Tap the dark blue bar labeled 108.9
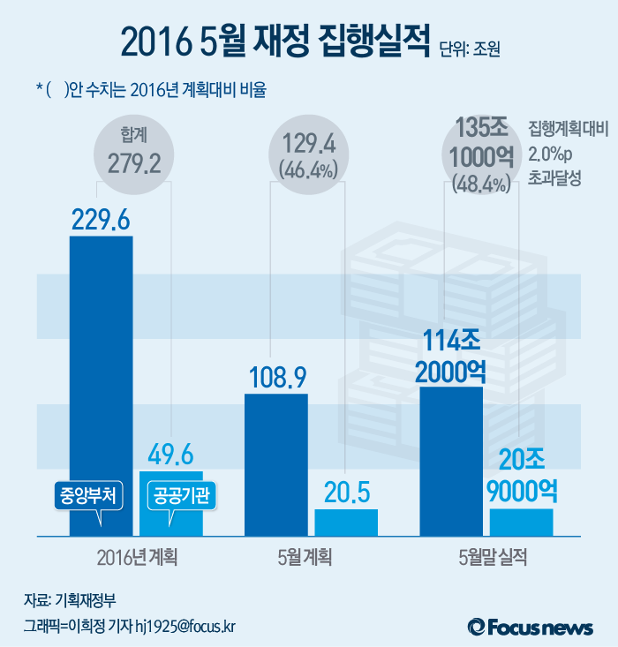coord(275,463)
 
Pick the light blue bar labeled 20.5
coord(346,522)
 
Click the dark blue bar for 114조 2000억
coord(451,459)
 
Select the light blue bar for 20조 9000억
coord(522,522)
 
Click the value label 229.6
coord(101,221)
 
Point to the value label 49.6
coord(170,455)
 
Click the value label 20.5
coord(346,492)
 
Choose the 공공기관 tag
coord(181,494)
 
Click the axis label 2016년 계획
coord(136,557)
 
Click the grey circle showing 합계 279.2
coord(136,152)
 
